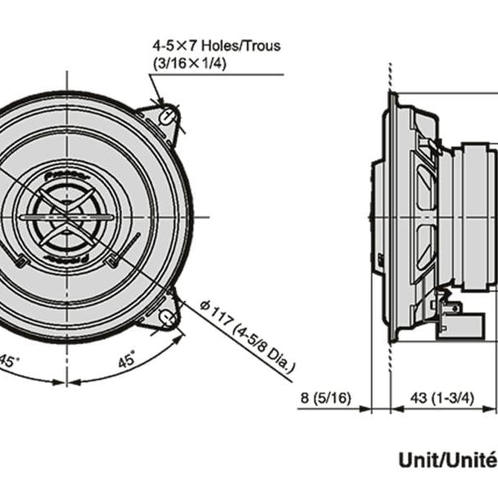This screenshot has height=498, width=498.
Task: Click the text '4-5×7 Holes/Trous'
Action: coord(216,45)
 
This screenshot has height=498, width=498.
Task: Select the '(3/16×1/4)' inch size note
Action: coord(188,62)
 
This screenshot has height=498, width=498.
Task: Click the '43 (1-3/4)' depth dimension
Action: coord(442,398)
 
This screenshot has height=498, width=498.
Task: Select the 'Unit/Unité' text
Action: coord(447,459)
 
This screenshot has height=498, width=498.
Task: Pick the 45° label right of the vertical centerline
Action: coord(126,361)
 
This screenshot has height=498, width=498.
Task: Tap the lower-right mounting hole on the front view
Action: coord(166,315)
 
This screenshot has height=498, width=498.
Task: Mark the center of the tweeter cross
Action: coord(65,217)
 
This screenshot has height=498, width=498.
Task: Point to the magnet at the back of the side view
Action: coord(480,217)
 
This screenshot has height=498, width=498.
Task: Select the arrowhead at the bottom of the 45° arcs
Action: coord(66,383)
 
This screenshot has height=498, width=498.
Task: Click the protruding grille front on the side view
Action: coord(374,217)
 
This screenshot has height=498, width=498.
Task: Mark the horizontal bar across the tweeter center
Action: coord(65,217)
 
